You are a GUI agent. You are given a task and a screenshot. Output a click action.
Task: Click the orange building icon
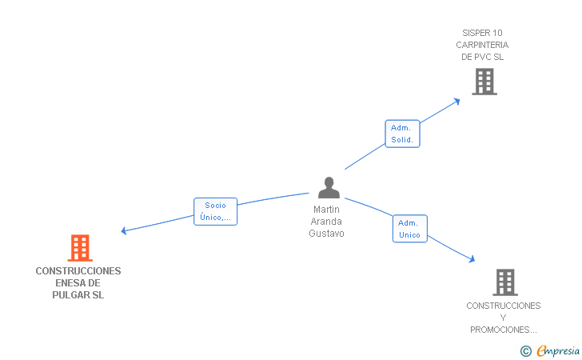(x=80, y=248)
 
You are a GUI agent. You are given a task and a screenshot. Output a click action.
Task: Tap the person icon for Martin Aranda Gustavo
(x=329, y=188)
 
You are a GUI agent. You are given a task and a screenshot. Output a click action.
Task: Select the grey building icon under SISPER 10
(x=484, y=82)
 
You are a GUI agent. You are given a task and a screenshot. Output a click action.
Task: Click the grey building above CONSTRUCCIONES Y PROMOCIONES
(x=504, y=282)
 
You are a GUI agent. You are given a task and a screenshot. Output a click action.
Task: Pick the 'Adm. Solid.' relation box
(x=402, y=134)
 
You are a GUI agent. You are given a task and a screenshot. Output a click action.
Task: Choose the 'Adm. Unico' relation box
(x=409, y=229)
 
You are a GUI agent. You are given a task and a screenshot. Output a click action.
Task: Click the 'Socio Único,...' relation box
(x=215, y=211)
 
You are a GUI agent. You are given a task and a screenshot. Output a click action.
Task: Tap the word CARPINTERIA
(x=482, y=45)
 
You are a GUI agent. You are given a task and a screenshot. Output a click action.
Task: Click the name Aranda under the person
(x=326, y=222)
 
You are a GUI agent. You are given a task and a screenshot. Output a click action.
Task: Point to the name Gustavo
(x=326, y=234)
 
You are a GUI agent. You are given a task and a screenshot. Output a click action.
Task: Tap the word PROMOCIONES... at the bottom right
(x=503, y=330)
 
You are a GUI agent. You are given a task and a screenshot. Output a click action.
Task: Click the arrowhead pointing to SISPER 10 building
(x=457, y=100)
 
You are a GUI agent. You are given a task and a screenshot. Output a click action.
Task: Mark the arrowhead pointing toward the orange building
(x=124, y=231)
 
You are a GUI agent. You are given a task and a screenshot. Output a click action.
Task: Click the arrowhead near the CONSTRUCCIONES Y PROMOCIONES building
(x=472, y=258)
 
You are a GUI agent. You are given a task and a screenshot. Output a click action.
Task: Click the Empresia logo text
(x=558, y=350)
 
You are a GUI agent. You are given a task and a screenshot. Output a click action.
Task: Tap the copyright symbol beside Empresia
(x=525, y=350)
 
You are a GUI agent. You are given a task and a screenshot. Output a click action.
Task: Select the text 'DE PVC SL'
(x=482, y=57)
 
